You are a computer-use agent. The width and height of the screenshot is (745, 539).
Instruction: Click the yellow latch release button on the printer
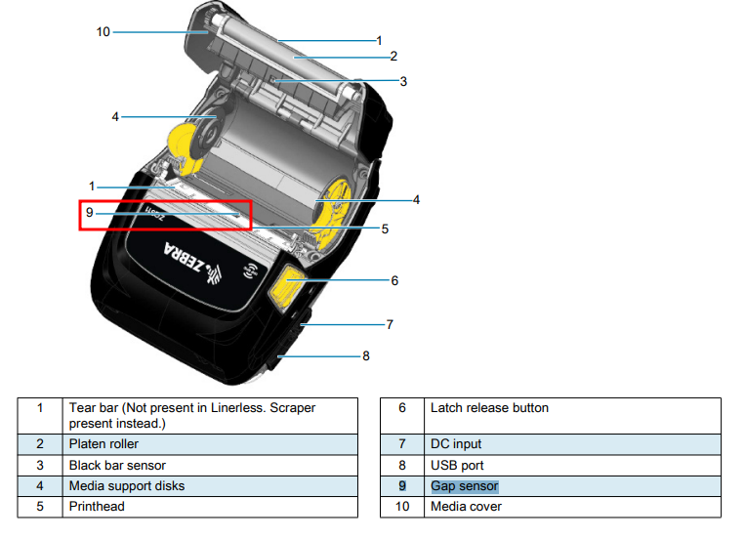(286, 285)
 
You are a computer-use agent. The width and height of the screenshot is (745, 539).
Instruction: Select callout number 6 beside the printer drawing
(394, 280)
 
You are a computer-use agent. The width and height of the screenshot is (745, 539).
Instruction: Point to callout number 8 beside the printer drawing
(366, 356)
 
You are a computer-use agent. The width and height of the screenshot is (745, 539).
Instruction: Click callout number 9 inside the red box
(89, 212)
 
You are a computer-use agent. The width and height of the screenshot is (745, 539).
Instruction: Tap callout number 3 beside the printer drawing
(402, 80)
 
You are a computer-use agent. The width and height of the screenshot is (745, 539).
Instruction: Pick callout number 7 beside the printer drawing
(390, 324)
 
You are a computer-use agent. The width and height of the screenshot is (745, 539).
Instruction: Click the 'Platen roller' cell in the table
(103, 444)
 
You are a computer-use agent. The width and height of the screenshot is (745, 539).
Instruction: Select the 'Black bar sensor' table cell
(117, 466)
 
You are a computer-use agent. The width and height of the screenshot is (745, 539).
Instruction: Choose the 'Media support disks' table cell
(126, 486)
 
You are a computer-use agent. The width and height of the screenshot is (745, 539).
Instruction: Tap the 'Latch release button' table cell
(489, 407)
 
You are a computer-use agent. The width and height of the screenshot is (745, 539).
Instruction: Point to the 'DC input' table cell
(456, 444)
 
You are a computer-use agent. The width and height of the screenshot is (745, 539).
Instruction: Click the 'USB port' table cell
(457, 466)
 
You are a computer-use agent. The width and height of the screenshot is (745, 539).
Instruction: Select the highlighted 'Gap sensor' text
(465, 486)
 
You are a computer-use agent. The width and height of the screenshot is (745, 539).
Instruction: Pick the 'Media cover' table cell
(466, 507)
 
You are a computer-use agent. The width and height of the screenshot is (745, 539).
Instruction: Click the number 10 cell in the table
(400, 507)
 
